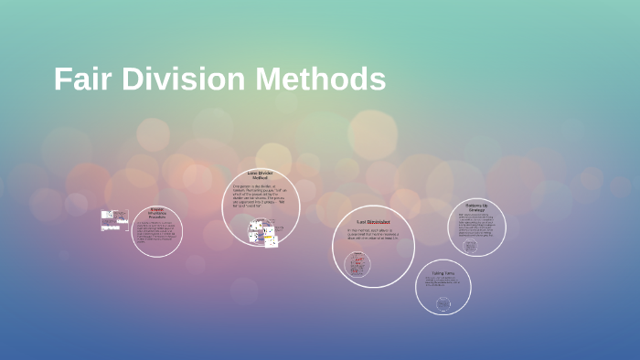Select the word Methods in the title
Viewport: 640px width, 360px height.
(320, 79)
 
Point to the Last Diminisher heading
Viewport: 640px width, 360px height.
(373, 222)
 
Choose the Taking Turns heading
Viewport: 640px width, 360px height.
(443, 272)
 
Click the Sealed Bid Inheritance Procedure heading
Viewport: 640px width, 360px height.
(156, 213)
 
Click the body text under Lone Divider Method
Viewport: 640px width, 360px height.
(260, 197)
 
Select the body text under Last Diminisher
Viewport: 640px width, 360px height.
(373, 234)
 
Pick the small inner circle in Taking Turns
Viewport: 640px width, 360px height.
(443, 303)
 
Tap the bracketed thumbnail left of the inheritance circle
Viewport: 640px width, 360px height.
(114, 221)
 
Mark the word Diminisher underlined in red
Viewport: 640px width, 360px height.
(379, 222)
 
